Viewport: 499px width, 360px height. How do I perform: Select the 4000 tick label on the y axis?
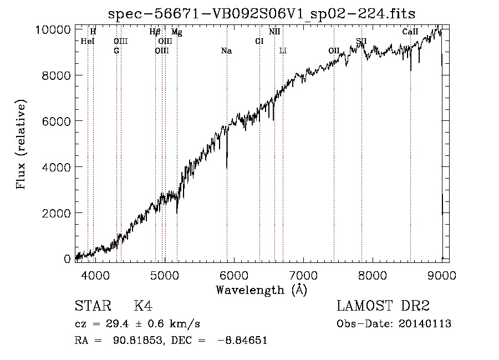point(58,166)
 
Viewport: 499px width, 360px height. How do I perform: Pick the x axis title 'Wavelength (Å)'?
point(261,289)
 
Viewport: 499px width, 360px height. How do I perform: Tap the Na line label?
point(226,51)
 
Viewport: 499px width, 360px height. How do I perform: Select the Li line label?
point(283,51)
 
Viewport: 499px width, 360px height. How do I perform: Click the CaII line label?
point(410,32)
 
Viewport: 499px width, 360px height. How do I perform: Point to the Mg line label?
point(176,32)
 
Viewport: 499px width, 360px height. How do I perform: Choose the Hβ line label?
point(155,32)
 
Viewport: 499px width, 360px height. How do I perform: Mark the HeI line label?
point(88,41)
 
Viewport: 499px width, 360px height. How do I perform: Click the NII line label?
point(274,32)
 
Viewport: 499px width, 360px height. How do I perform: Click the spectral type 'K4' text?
point(143,306)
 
